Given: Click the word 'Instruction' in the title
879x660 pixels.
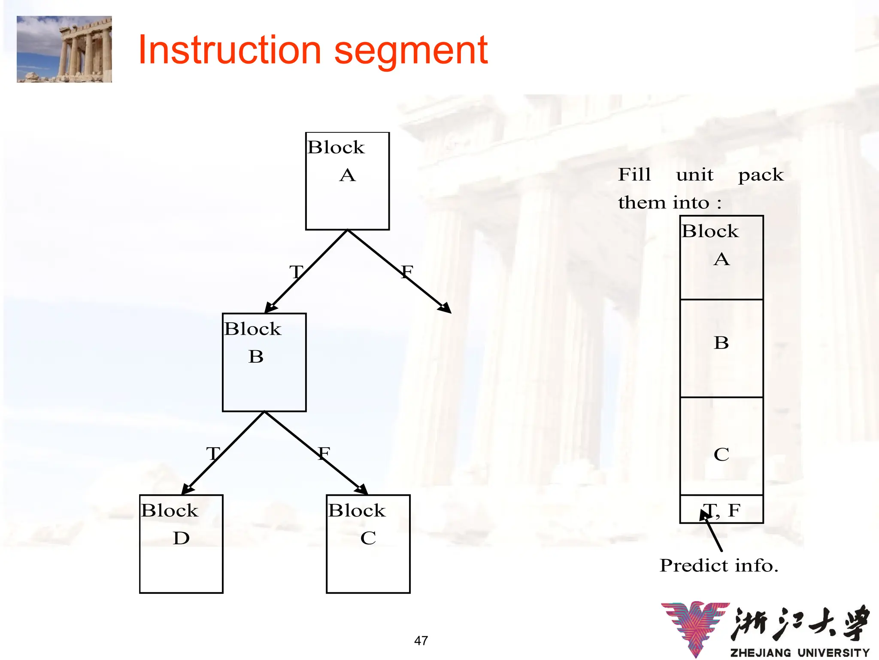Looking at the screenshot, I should (x=230, y=51).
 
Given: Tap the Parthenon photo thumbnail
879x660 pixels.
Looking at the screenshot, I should (x=64, y=49).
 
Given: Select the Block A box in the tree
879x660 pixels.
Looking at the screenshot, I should (x=347, y=181).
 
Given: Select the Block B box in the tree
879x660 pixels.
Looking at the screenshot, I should (x=264, y=362).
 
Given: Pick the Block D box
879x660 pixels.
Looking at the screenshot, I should (x=181, y=544).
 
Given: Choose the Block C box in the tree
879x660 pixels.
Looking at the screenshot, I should (x=368, y=544).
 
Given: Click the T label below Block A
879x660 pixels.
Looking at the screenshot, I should (x=296, y=272).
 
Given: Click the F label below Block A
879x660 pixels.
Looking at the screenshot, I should (x=407, y=272).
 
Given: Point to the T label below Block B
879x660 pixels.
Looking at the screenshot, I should (x=213, y=454).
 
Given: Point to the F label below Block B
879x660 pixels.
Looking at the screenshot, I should (x=324, y=453).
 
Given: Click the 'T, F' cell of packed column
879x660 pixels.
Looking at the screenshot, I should (x=722, y=510).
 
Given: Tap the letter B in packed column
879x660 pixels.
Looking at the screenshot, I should (x=721, y=343).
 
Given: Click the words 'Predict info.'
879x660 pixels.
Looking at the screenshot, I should (x=719, y=565).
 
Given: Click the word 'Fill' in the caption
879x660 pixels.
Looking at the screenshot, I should (x=634, y=174).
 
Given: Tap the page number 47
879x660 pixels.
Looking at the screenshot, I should (x=421, y=641).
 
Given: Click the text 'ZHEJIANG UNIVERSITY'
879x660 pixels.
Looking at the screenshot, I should (x=800, y=653).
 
